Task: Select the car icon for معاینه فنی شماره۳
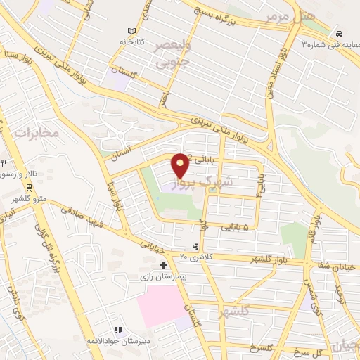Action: (x=340, y=33)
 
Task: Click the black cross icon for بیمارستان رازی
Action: (x=164, y=266)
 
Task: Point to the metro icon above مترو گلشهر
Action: (x=30, y=188)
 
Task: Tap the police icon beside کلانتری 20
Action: (x=195, y=246)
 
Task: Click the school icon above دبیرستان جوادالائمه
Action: (x=118, y=329)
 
